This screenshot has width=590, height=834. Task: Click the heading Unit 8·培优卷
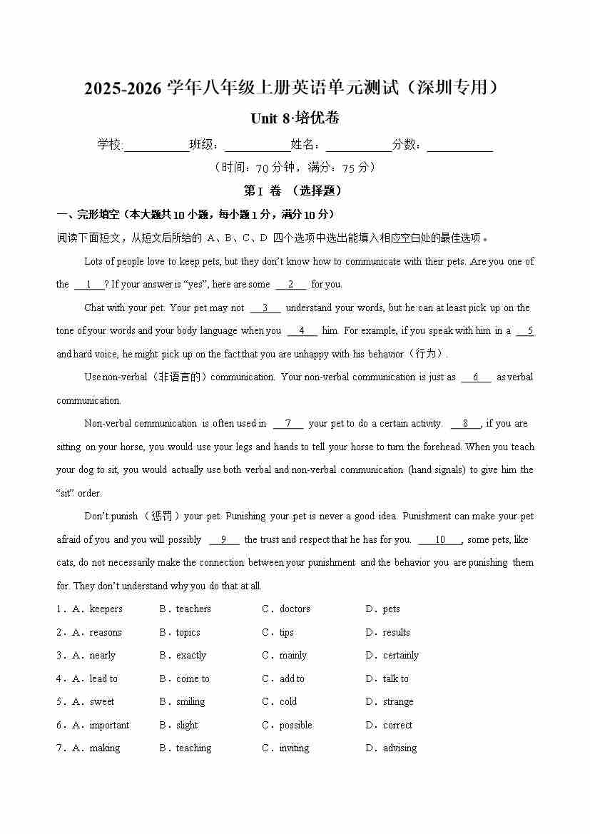[x=295, y=118]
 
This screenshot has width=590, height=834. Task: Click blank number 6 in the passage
[x=476, y=377]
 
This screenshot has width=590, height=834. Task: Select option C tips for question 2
[x=286, y=633]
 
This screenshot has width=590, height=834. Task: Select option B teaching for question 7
[x=193, y=748]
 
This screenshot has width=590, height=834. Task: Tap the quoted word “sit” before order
[x=66, y=494]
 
